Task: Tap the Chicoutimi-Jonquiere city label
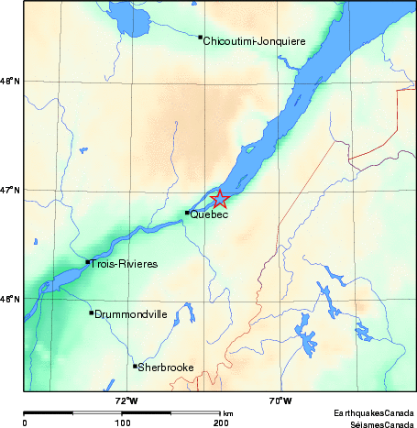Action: tap(254, 41)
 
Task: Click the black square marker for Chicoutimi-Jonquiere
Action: tap(200, 38)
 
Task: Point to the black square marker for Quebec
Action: tap(187, 213)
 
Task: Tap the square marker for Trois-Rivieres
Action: tap(88, 262)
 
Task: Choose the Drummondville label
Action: tap(131, 313)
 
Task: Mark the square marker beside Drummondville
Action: tap(91, 313)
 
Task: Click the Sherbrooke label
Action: tap(166, 368)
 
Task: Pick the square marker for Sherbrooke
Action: tap(135, 366)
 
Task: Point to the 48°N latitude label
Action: tap(10, 82)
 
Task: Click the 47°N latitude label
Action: tap(10, 191)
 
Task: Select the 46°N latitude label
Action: tap(10, 300)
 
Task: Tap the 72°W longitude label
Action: tap(126, 401)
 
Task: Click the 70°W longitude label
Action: tap(280, 401)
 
